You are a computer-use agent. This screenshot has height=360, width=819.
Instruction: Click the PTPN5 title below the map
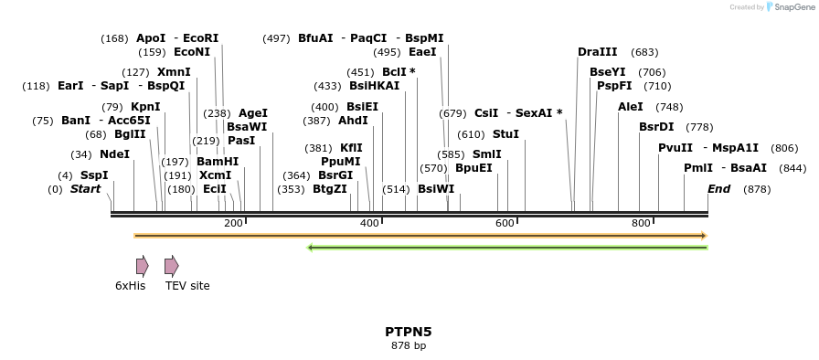tap(409, 332)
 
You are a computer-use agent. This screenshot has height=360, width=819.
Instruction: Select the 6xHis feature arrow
tap(142, 266)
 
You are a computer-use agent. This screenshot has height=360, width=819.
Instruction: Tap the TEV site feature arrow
tap(171, 266)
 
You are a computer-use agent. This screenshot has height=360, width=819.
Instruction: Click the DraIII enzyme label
tap(597, 52)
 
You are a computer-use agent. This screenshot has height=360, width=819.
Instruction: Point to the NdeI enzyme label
tap(114, 154)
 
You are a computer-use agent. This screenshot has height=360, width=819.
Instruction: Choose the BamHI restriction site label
tap(218, 162)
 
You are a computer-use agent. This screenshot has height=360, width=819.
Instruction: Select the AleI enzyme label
tap(631, 107)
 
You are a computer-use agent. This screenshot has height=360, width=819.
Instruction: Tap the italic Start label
tap(85, 189)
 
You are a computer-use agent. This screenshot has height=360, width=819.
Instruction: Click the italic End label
tap(719, 189)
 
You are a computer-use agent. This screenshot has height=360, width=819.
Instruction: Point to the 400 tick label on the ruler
tap(369, 223)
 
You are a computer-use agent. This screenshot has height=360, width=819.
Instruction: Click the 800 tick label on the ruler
tap(640, 223)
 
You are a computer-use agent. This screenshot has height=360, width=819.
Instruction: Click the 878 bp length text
tap(409, 346)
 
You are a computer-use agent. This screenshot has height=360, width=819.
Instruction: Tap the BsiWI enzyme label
tap(436, 189)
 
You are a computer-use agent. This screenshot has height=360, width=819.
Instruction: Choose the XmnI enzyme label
tap(174, 72)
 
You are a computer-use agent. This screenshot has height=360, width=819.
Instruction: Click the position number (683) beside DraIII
tap(644, 52)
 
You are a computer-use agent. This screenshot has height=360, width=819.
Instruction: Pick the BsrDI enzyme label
tap(656, 127)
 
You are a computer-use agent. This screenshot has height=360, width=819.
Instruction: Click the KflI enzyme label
tap(351, 148)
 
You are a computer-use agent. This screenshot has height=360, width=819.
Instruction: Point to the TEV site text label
tap(187, 286)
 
